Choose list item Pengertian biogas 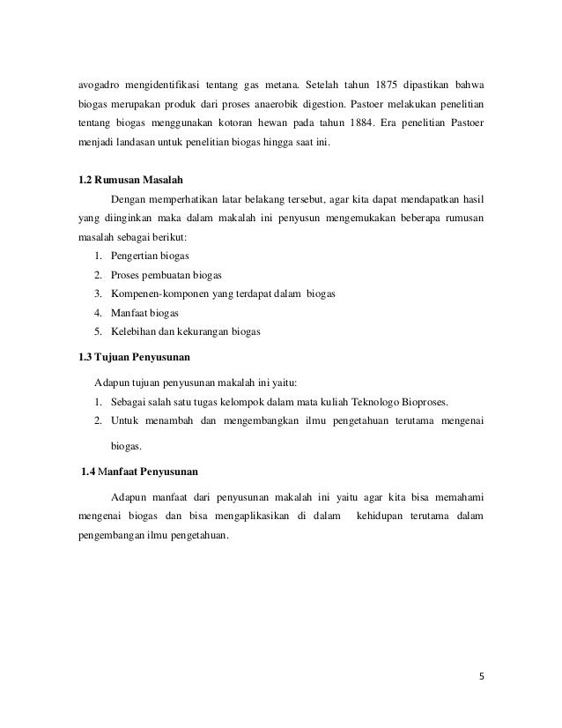[143, 256]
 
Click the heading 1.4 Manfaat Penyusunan [139, 468]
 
